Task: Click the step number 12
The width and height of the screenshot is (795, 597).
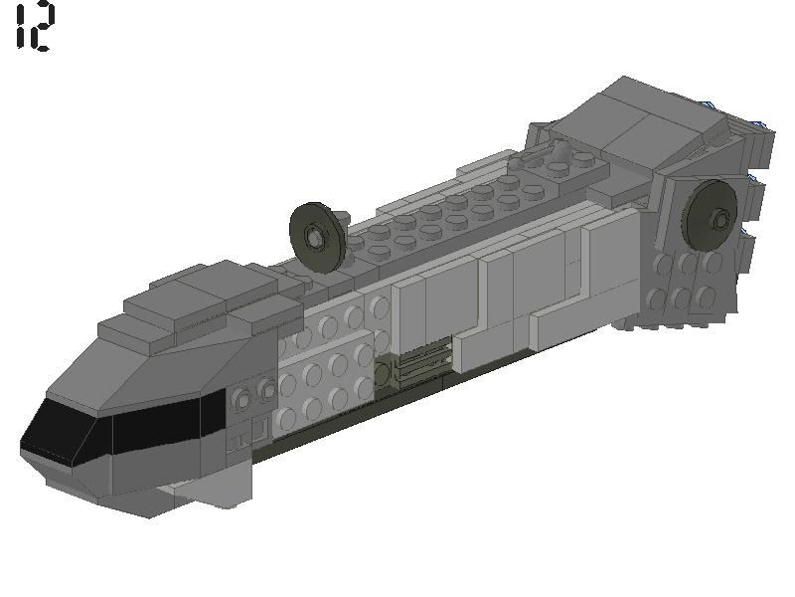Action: (35, 27)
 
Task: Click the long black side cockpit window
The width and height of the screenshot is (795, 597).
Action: (164, 430)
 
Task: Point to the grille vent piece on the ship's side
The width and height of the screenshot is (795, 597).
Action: (419, 369)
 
